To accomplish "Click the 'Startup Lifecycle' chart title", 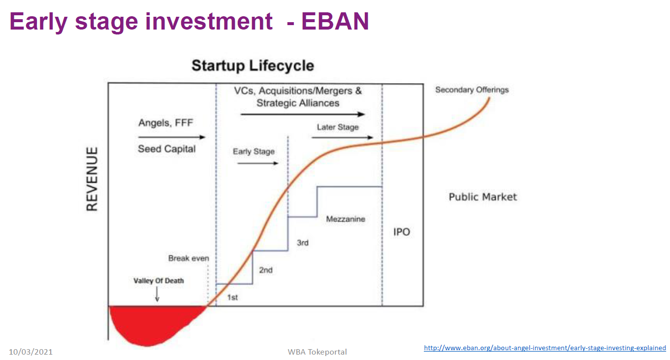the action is coord(253,66).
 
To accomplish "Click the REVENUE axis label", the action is coord(92,179).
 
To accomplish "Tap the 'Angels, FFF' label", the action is coord(166,123).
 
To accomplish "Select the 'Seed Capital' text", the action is coord(166,149).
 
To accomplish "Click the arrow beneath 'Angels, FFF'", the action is coord(172,137).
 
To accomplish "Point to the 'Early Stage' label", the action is coord(254,151).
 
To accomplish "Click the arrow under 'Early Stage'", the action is coord(258,163).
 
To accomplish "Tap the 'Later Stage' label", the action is coord(338,127).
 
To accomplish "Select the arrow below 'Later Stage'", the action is coord(342,137).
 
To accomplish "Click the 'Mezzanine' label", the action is coord(346,219).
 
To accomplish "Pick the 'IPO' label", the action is coord(401,232).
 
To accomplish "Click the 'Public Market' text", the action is coord(483,197).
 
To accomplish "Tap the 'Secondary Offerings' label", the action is coord(472,90).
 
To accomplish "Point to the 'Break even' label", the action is coord(189,258).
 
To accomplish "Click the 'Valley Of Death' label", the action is coord(159,281).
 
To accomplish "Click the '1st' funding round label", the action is coord(232,297).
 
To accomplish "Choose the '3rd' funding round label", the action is coord(302,243).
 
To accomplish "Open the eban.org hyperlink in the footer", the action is coord(544,348).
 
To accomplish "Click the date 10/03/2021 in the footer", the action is coord(31,352).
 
